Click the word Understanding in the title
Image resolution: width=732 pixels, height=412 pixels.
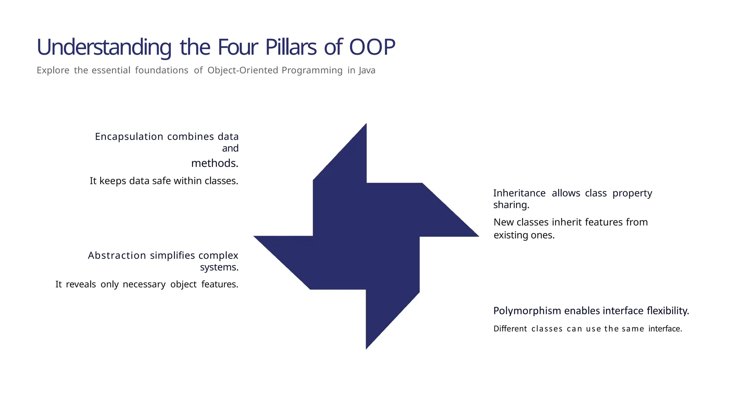[104, 47]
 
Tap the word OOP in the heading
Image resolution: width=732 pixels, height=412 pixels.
[372, 47]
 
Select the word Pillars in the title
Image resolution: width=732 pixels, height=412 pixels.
[291, 47]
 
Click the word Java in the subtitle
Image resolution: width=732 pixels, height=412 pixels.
[367, 70]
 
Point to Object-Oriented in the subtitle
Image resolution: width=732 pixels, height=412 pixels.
[243, 70]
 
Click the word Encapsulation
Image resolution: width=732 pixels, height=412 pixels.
[129, 137]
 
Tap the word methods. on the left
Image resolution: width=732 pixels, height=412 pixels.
[215, 163]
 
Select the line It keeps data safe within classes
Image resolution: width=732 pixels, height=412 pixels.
[164, 181]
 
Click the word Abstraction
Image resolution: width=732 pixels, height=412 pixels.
[117, 255]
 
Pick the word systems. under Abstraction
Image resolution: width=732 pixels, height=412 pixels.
[219, 267]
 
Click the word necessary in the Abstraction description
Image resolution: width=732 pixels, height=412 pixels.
[144, 284]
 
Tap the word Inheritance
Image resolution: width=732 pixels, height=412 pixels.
[519, 193]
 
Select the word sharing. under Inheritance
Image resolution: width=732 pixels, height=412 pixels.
[511, 205]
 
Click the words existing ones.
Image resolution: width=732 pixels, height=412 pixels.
[524, 235]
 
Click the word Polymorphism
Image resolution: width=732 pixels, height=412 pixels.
[527, 311]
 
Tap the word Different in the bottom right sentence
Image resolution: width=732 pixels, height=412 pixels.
[510, 329]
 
